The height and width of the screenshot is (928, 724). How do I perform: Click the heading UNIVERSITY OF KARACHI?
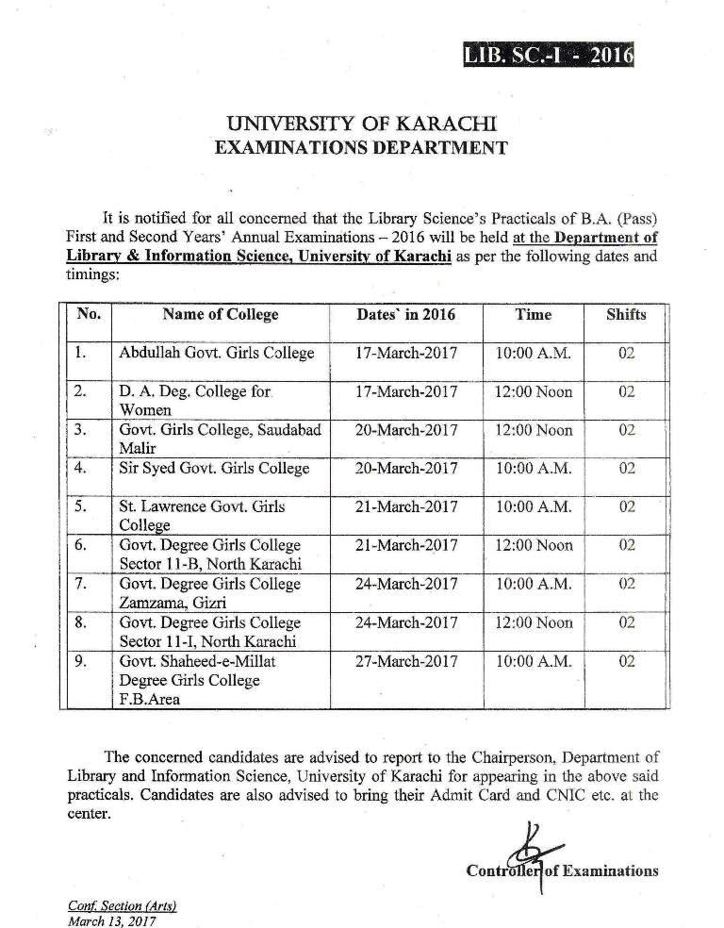(x=362, y=124)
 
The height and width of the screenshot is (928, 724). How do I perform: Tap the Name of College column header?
(x=221, y=314)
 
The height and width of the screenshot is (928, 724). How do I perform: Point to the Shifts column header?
(x=626, y=314)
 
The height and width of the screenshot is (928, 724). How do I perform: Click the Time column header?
(x=533, y=314)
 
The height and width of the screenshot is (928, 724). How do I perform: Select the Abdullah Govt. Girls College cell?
(x=216, y=354)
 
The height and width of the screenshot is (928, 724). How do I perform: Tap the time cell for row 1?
(x=533, y=354)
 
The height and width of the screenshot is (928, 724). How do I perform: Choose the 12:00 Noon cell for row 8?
(x=533, y=622)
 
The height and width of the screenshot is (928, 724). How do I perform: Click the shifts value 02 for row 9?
(x=627, y=661)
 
